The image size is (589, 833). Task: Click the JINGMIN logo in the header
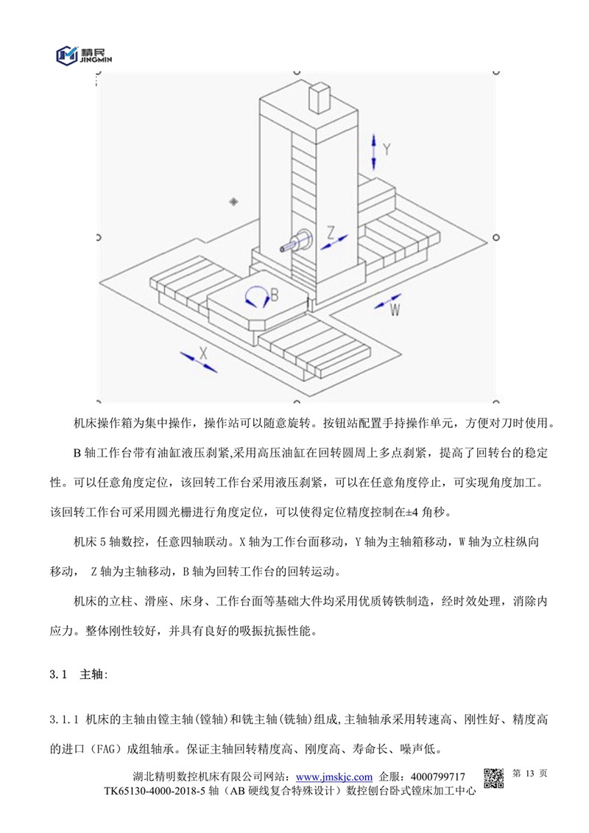point(82,53)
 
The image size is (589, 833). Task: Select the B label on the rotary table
point(274,295)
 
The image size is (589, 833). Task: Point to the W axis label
point(395,310)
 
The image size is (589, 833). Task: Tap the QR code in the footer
point(493,778)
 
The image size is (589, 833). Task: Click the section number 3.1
point(58,675)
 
